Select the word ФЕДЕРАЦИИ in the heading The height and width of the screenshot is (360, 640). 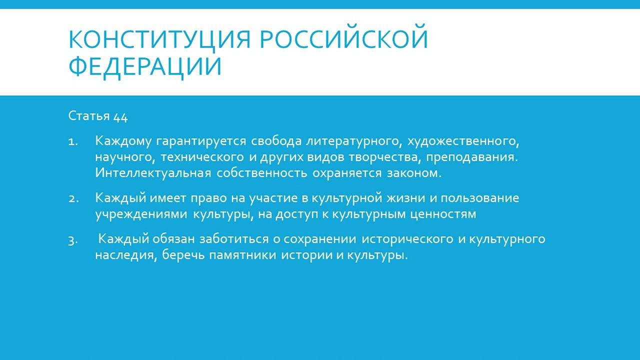[145, 66]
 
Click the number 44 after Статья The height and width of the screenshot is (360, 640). [120, 117]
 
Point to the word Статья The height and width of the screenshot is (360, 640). [89, 116]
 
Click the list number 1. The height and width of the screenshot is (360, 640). [73, 141]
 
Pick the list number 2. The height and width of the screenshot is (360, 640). [73, 198]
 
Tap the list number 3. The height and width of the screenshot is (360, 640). [73, 240]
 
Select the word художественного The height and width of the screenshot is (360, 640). [464, 141]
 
